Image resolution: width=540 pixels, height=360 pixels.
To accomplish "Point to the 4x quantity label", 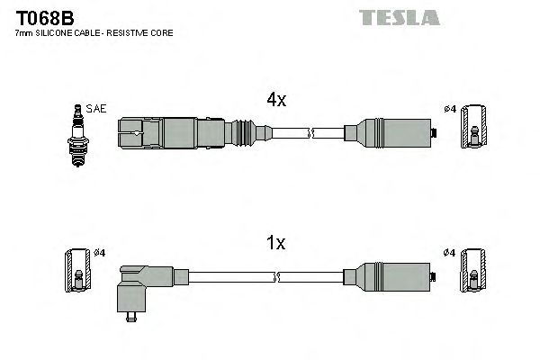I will coord(275,101).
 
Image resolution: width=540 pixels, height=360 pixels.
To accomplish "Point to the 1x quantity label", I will coord(275,242).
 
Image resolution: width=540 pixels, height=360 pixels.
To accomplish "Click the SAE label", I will coord(97,110).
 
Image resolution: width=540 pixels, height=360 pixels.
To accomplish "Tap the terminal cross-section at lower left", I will coord(76,270).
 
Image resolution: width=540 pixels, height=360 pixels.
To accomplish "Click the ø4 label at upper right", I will coord(451,110).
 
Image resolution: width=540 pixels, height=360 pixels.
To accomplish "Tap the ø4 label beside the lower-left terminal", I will coord(100,252).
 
